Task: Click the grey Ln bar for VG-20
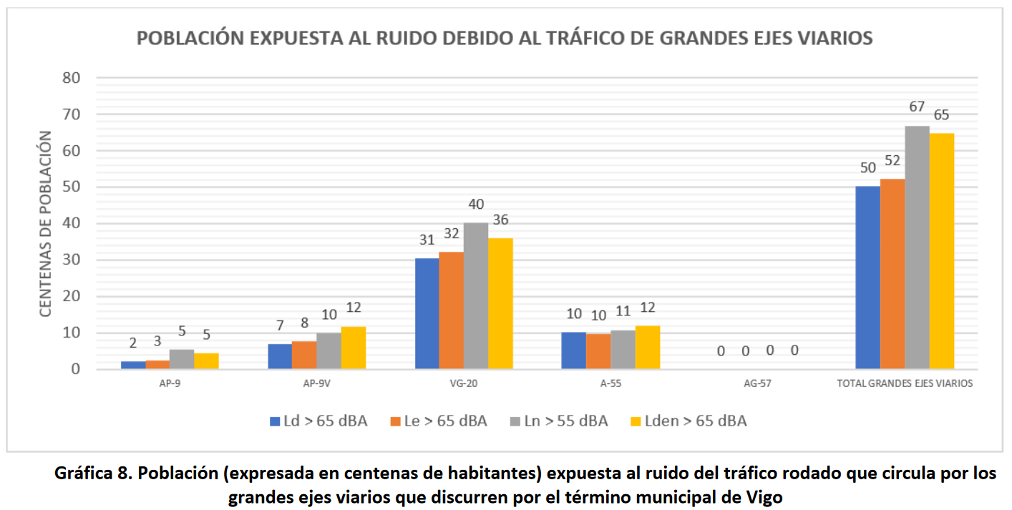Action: point(475,296)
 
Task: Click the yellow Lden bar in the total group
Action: point(942,251)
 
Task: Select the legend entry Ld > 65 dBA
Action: point(318,421)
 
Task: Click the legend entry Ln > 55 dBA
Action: point(559,421)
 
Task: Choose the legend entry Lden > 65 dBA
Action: point(686,421)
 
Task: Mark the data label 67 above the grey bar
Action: point(917,107)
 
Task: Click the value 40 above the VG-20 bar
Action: point(475,204)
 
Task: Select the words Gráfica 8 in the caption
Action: point(90,474)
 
